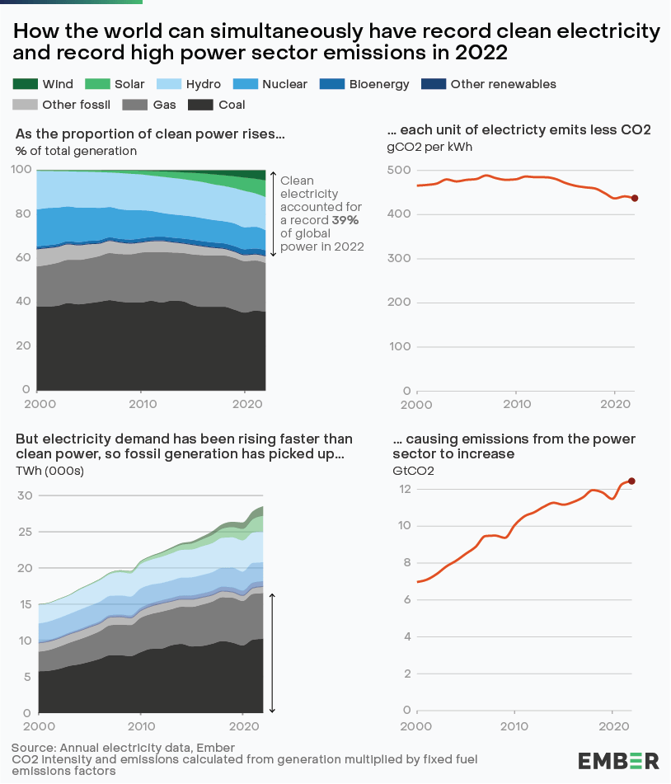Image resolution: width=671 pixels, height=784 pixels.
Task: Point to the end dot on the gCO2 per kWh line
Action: (x=635, y=199)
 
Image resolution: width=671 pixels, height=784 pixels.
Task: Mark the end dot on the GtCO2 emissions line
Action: (x=632, y=481)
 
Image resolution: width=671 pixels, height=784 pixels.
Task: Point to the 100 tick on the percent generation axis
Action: (x=22, y=169)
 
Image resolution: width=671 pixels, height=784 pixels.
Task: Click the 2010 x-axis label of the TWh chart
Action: (x=141, y=726)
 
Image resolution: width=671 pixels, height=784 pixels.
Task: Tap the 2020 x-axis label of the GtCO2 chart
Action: (x=612, y=726)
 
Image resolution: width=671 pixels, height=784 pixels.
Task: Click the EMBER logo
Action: (x=618, y=760)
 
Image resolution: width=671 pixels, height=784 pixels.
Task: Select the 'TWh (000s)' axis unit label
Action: (x=49, y=471)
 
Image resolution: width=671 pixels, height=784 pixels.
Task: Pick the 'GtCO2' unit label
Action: (x=410, y=471)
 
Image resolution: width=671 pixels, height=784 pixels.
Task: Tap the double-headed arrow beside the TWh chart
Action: (x=272, y=652)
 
